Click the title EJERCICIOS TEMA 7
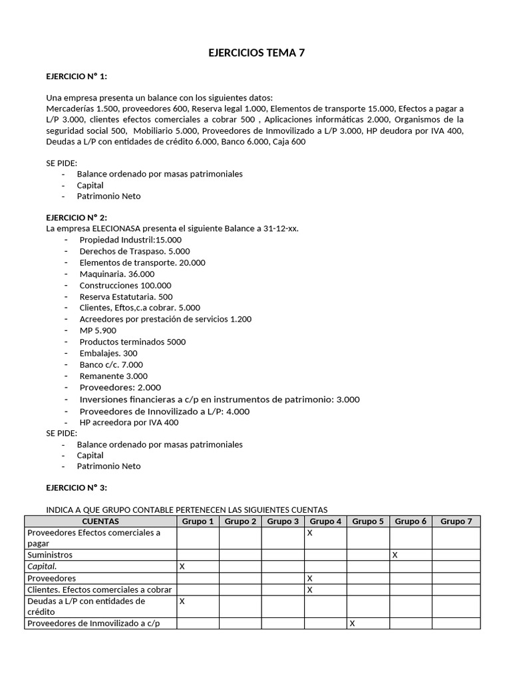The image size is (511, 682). click(x=256, y=53)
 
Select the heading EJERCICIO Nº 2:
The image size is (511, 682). click(x=77, y=217)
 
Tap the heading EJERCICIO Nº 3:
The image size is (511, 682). click(x=77, y=488)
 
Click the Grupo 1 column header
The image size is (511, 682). click(x=198, y=521)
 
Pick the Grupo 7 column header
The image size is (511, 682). click(x=456, y=521)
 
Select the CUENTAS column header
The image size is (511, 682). click(x=100, y=521)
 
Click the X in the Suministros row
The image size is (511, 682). click(x=395, y=554)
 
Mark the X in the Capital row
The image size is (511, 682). click(x=182, y=566)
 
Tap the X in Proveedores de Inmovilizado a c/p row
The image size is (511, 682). click(x=352, y=623)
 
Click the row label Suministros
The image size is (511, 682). click(x=50, y=554)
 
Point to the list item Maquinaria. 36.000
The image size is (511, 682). click(x=116, y=274)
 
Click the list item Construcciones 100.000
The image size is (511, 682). click(x=125, y=285)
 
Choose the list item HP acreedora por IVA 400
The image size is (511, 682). click(x=128, y=422)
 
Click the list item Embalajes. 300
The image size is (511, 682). click(x=108, y=353)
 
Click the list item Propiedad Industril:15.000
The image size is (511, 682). click(x=130, y=240)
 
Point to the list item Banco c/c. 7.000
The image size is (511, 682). click(x=111, y=364)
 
